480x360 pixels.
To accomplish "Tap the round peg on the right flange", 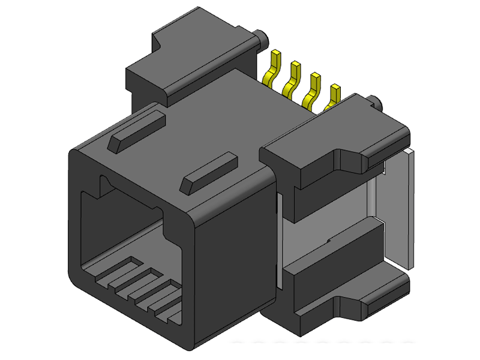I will (x=374, y=102).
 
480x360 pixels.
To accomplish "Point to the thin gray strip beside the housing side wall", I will (x=278, y=240).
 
